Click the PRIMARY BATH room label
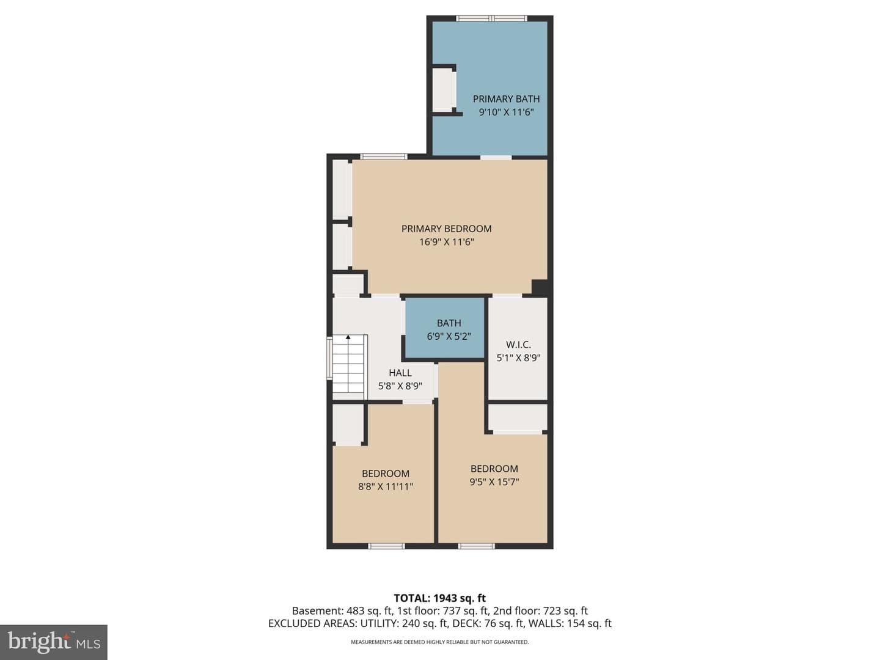[x=506, y=99]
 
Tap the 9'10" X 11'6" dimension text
[x=506, y=112]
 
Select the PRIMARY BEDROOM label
[x=446, y=229]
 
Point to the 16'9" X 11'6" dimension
[x=446, y=242]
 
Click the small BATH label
[x=449, y=323]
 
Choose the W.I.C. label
[x=518, y=345]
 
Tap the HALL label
[x=400, y=373]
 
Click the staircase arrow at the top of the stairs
[x=348, y=338]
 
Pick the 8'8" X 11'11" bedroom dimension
[x=385, y=486]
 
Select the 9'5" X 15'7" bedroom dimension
[x=494, y=482]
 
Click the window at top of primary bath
[x=491, y=18]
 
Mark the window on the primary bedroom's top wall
[x=384, y=156]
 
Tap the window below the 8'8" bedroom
[x=386, y=546]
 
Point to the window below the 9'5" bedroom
[x=476, y=546]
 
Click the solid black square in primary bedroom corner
[x=540, y=288]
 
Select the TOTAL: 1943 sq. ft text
[x=439, y=598]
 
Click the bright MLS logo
[x=54, y=642]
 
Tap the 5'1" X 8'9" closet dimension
[x=518, y=358]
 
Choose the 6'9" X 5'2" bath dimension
[x=449, y=336]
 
